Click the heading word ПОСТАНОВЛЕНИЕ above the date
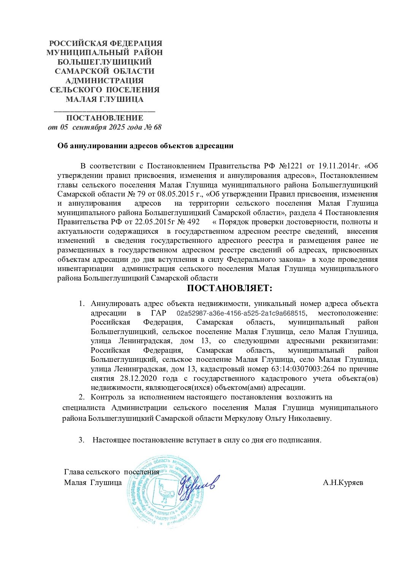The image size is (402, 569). click(x=104, y=118)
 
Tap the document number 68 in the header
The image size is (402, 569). click(x=157, y=127)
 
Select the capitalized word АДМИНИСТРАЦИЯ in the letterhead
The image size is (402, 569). click(x=104, y=81)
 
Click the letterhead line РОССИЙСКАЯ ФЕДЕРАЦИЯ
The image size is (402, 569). click(x=106, y=43)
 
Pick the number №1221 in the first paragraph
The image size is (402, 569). click(x=291, y=166)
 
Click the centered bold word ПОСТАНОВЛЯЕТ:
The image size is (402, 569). click(x=229, y=288)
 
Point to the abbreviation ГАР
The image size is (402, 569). click(x=158, y=313)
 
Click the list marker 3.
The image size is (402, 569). click(x=81, y=440)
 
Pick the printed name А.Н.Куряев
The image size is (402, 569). click(x=343, y=483)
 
